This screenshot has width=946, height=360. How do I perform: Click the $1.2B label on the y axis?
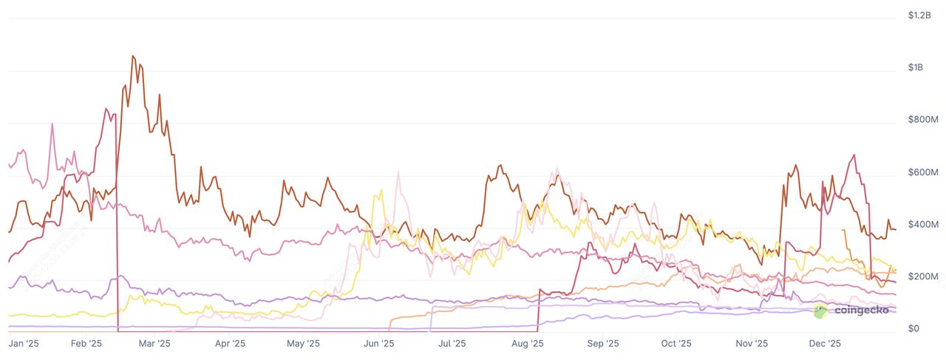(919, 15)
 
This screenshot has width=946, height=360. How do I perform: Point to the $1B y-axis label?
(916, 67)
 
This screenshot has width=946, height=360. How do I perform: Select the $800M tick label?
(922, 120)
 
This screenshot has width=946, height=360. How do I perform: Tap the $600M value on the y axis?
(922, 172)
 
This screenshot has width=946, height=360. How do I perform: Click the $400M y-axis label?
(922, 224)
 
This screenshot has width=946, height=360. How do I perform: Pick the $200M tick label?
(922, 276)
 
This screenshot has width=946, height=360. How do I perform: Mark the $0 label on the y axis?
(913, 328)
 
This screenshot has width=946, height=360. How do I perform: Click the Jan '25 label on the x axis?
(23, 344)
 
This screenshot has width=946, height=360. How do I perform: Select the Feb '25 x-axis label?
(86, 344)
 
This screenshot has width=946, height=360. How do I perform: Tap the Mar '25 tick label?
(154, 344)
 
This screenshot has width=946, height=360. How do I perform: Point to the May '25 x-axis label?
(303, 344)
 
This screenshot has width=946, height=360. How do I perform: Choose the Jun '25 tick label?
(379, 344)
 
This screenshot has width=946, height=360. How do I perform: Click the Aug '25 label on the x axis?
(528, 344)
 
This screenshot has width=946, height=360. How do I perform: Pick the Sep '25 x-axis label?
(602, 344)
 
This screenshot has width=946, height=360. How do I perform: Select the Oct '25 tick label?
(676, 344)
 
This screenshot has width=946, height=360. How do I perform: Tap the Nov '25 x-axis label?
(751, 344)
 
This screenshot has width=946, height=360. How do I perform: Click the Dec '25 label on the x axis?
(825, 344)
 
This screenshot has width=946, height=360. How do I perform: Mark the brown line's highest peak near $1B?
(132, 55)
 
